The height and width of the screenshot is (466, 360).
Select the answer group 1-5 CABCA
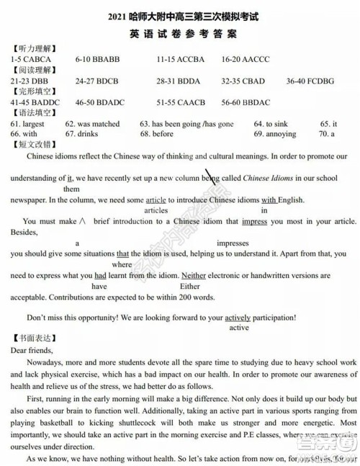click(x=30, y=58)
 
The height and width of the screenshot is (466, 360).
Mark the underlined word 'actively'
click(x=238, y=317)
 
